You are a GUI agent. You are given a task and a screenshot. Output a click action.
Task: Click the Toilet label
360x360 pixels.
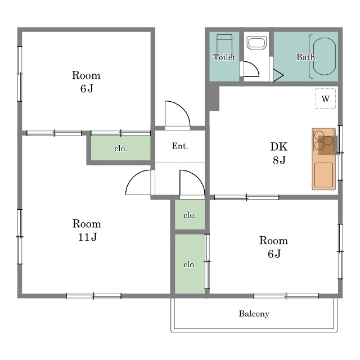click(x=224, y=57)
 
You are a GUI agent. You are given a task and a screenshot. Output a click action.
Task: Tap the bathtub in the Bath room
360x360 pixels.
click(x=324, y=56)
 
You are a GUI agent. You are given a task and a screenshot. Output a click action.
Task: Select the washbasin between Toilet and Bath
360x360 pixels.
click(x=256, y=43)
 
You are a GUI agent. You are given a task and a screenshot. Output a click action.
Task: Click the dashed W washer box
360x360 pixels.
click(x=325, y=98)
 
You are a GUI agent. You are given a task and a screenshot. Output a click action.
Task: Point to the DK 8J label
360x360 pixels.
click(x=279, y=153)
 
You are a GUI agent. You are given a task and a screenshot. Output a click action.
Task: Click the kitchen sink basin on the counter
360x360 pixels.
click(x=323, y=175)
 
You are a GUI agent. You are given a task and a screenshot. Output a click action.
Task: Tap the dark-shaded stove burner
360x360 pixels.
click(x=328, y=141)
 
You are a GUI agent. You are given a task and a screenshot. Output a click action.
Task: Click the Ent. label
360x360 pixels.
click(x=180, y=146)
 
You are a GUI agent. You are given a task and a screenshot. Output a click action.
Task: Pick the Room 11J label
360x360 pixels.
click(x=87, y=230)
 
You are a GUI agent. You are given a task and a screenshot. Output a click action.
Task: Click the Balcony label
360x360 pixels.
click(x=254, y=314)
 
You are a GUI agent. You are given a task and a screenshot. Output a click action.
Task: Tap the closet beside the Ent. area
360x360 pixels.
click(x=121, y=148)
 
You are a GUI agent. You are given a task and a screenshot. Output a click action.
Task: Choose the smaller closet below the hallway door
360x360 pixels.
click(x=190, y=214)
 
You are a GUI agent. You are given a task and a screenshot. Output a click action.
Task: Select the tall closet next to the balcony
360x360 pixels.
click(x=190, y=264)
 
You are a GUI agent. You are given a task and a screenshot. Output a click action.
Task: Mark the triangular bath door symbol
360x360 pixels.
click(x=278, y=75)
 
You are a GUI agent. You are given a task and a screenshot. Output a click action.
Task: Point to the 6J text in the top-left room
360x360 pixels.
click(x=87, y=89)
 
